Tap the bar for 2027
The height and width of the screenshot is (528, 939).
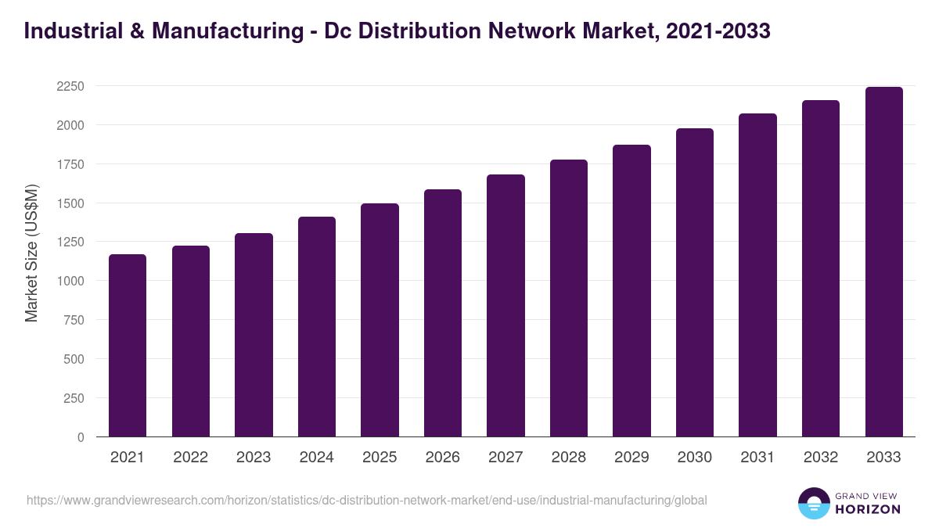point(505,305)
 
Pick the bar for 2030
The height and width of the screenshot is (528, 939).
point(695,282)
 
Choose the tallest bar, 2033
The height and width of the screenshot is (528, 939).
point(883,261)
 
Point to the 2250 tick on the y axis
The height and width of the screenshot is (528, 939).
point(70,86)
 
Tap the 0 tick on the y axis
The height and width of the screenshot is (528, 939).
point(81,437)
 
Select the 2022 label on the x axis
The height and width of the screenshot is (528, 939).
point(191,458)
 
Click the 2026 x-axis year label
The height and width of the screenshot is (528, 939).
point(443,458)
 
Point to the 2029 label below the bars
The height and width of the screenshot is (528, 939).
point(631,458)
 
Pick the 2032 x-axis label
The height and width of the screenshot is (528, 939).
point(821,458)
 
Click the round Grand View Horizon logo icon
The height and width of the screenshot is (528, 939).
point(813,503)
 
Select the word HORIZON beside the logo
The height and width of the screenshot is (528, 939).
point(867,509)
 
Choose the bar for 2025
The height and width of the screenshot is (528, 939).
point(380,320)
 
